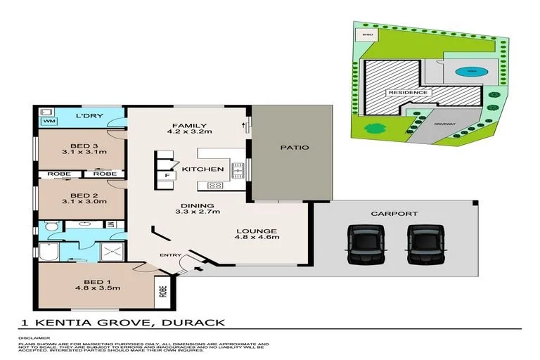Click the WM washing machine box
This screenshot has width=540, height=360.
pyautogui.click(x=49, y=122)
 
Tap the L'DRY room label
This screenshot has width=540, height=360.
pyautogui.click(x=86, y=115)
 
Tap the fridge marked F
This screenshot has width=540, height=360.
pyautogui.click(x=167, y=175)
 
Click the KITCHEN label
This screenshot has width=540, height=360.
pyautogui.click(x=203, y=169)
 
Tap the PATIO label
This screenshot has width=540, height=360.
pyautogui.click(x=295, y=148)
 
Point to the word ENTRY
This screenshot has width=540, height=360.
pyautogui.click(x=170, y=255)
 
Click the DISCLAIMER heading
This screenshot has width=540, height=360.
pyautogui.click(x=32, y=337)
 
